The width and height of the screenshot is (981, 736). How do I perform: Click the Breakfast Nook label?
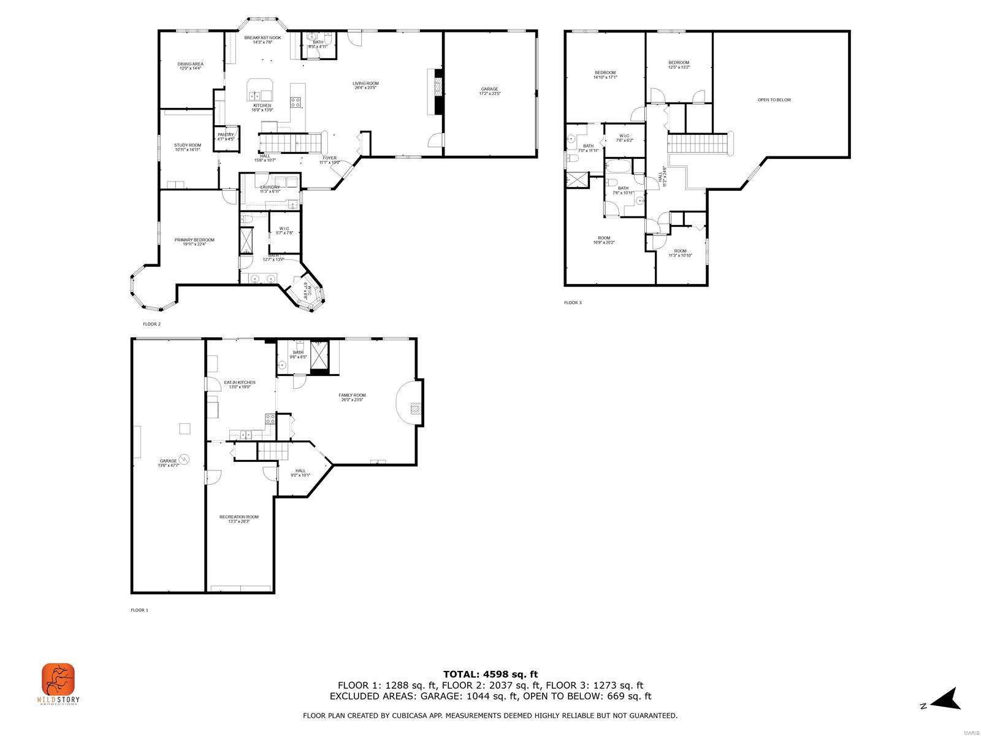pos(262,38)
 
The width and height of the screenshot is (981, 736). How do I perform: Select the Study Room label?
pos(187,145)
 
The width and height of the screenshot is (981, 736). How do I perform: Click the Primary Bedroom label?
pos(194,240)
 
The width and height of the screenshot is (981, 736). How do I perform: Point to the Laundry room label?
pos(270,187)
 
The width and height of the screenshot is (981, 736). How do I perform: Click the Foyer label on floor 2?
pos(329,158)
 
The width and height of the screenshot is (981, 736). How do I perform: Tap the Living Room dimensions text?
pos(365,88)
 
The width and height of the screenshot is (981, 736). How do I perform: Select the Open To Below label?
pos(774,99)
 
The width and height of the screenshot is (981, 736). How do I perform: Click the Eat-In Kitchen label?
pos(240,382)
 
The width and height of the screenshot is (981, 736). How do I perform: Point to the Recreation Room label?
pos(239,517)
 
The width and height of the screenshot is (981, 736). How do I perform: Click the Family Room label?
pos(353,396)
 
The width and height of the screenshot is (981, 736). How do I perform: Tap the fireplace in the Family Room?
pos(416,408)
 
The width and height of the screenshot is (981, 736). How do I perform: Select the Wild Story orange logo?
pos(58,679)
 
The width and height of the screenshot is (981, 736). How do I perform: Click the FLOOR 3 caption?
pos(573,302)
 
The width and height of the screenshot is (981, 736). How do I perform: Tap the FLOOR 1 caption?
pos(140,610)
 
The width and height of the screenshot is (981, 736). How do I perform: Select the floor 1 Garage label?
pos(169,461)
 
